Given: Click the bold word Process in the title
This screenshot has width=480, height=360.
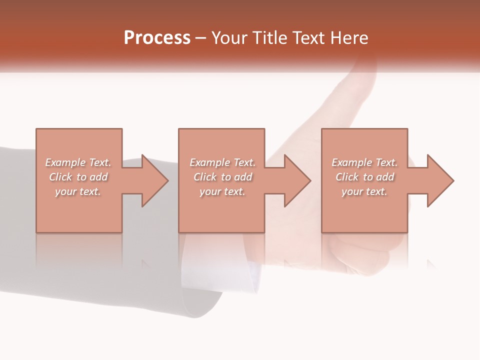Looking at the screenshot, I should (x=157, y=38).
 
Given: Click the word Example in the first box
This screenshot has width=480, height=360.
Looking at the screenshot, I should (x=65, y=162).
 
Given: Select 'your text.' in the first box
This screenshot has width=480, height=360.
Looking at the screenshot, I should (x=78, y=191).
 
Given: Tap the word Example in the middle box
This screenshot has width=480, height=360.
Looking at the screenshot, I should (x=209, y=162).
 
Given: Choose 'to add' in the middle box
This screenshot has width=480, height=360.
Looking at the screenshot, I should (x=237, y=177).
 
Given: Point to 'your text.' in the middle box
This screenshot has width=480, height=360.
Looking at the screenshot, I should (x=222, y=191).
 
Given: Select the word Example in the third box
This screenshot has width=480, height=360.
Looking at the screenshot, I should (x=352, y=162).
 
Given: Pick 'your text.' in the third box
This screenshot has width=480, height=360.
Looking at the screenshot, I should (x=364, y=191).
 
